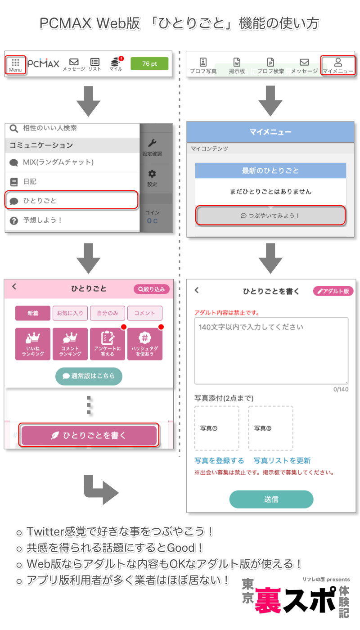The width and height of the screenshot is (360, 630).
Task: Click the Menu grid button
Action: [x=15, y=64]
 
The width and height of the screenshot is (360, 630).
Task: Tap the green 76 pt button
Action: [x=149, y=64]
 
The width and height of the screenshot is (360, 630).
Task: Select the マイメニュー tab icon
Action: [x=338, y=65]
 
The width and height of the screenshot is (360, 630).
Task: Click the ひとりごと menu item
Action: [x=71, y=201]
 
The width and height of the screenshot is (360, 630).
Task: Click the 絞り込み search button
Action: [x=152, y=289]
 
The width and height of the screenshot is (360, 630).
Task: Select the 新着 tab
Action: [x=33, y=313]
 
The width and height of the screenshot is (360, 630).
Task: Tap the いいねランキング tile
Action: [x=33, y=344]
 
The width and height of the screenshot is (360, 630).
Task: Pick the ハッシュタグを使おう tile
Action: [x=145, y=344]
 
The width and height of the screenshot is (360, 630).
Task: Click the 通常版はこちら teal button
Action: [x=89, y=376]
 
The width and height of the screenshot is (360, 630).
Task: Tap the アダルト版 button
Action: [x=333, y=291]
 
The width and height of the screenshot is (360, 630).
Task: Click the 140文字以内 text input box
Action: [x=271, y=351]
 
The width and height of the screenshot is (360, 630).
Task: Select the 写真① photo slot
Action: [x=217, y=428]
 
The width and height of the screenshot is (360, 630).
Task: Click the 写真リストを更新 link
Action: [x=282, y=461]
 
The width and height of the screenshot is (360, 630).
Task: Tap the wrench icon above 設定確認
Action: [x=152, y=144]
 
